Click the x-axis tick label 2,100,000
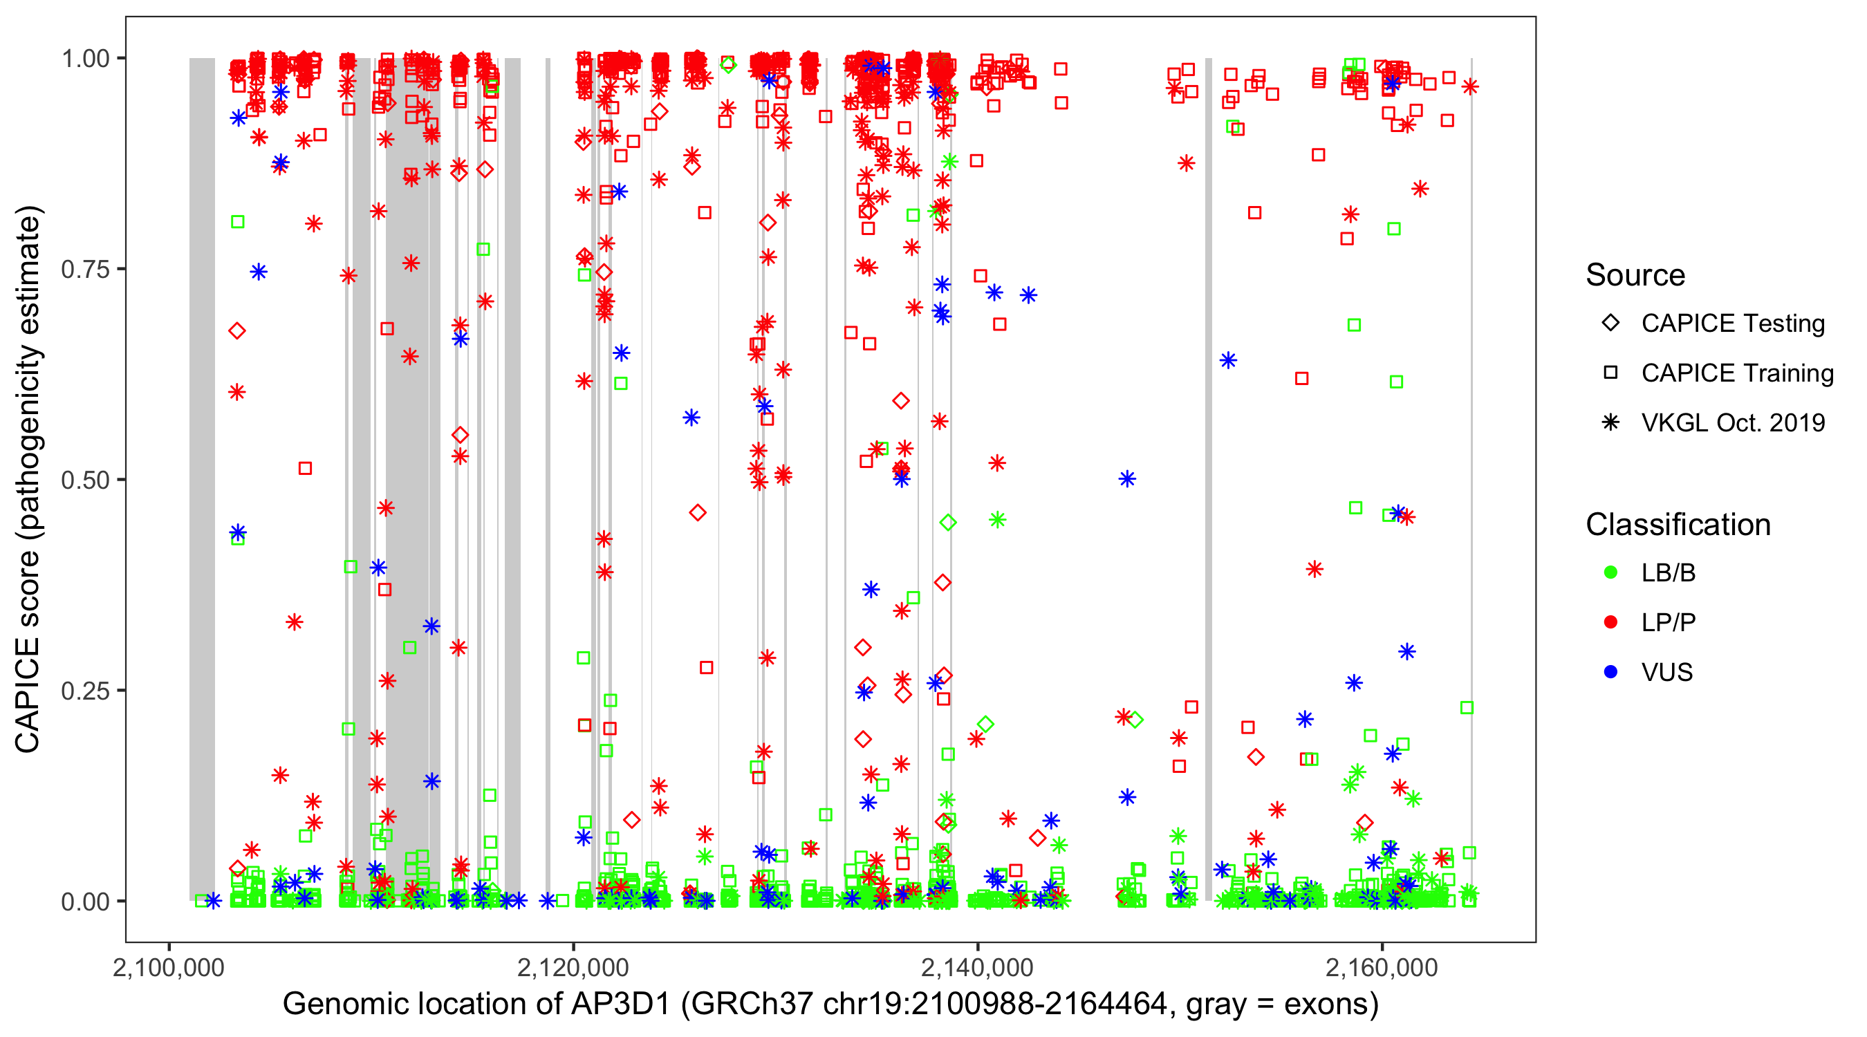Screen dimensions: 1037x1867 point(169,968)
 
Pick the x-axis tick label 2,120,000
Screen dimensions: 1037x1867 point(573,968)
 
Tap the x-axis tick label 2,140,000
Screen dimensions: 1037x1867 point(977,968)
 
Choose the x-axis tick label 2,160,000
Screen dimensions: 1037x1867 point(1382,968)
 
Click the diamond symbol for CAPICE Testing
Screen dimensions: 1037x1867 point(1610,324)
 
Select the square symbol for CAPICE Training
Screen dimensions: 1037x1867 point(1610,373)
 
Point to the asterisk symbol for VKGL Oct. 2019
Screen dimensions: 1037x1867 point(1610,422)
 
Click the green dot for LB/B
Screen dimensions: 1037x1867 point(1610,573)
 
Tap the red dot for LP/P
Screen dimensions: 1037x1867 point(1610,622)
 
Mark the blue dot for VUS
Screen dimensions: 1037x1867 point(1610,673)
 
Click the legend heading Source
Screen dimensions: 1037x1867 point(1635,275)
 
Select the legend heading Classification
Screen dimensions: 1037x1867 point(1678,525)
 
